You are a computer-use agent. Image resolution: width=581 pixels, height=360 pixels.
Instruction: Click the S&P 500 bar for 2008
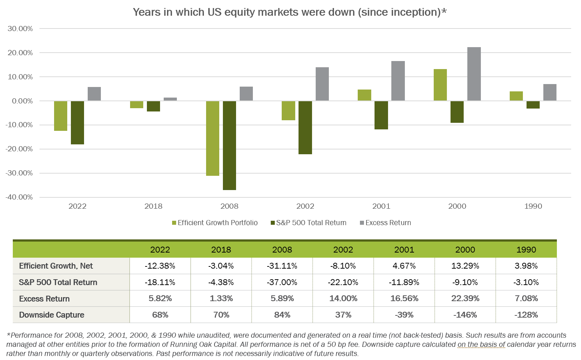pyautogui.click(x=229, y=145)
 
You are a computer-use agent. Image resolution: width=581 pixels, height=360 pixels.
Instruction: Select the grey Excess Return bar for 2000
pyautogui.click(x=474, y=74)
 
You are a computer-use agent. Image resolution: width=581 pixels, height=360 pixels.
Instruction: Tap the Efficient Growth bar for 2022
pyautogui.click(x=61, y=116)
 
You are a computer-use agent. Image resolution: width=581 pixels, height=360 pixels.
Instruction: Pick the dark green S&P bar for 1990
pyautogui.click(x=533, y=105)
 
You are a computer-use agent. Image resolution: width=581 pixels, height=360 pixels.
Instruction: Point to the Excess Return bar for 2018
pyautogui.click(x=170, y=99)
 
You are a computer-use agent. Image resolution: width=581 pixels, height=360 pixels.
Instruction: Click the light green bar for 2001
pyautogui.click(x=364, y=95)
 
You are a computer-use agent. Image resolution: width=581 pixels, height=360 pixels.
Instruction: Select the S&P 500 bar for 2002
pyautogui.click(x=305, y=128)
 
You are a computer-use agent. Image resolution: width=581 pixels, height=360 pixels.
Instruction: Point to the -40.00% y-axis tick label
pyautogui.click(x=19, y=197)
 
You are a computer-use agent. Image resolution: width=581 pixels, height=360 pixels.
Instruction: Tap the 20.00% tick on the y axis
pyautogui.click(x=20, y=53)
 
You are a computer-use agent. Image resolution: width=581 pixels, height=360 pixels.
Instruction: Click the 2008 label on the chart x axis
pyautogui.click(x=229, y=206)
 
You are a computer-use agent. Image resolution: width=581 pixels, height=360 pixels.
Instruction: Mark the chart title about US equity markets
pyautogui.click(x=290, y=12)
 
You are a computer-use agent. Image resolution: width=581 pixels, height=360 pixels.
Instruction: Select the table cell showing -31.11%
pyautogui.click(x=282, y=266)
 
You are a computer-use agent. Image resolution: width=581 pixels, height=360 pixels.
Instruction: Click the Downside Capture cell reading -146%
pyautogui.click(x=465, y=315)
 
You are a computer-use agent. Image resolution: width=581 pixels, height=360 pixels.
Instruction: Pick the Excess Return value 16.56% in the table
pyautogui.click(x=404, y=299)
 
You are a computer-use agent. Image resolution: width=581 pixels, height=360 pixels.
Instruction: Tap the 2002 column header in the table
pyautogui.click(x=343, y=250)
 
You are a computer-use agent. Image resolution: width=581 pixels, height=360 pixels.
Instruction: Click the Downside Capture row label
pyautogui.click(x=52, y=315)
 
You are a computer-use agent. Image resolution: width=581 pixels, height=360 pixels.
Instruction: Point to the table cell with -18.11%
pyautogui.click(x=160, y=283)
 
